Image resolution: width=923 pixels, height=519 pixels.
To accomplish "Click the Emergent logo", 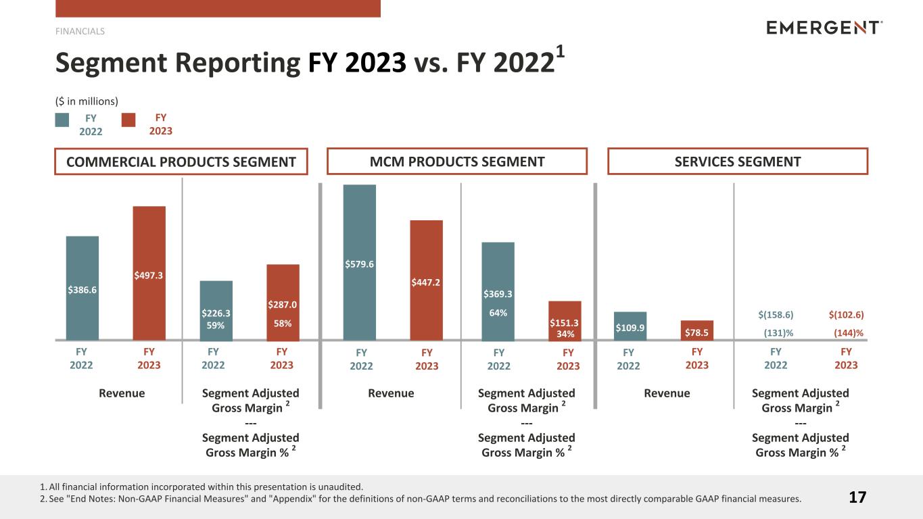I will [824, 28].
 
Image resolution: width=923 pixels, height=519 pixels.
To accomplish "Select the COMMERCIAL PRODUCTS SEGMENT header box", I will [181, 162].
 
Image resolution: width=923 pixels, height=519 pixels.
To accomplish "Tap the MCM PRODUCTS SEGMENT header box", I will [457, 162].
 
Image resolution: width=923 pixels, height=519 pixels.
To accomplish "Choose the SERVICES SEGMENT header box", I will [738, 162].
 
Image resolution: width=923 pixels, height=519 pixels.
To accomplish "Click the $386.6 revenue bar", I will [82, 288].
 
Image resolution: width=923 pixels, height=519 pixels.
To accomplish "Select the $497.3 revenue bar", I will [149, 273].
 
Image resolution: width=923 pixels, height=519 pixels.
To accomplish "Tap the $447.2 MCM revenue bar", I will [426, 280].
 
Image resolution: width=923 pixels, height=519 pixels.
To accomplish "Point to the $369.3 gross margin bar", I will [498, 291].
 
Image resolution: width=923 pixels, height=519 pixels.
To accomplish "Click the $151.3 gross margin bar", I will [565, 320].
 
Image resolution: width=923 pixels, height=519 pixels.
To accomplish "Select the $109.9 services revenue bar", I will [630, 326].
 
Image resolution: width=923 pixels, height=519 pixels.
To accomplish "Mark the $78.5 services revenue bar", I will [696, 330].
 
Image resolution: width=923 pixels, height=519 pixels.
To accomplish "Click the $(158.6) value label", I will [776, 315].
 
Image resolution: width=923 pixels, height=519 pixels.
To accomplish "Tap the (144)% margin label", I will [846, 332].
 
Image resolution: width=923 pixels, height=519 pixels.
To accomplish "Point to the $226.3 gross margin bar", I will [216, 310].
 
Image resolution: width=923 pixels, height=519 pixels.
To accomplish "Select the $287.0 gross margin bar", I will [283, 302].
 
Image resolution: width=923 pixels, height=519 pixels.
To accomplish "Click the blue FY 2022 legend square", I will [62, 120].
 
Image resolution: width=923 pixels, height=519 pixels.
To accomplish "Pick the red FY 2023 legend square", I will [128, 120].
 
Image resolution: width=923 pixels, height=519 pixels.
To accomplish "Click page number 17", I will [857, 498].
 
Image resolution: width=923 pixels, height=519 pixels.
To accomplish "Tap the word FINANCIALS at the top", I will [80, 31].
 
